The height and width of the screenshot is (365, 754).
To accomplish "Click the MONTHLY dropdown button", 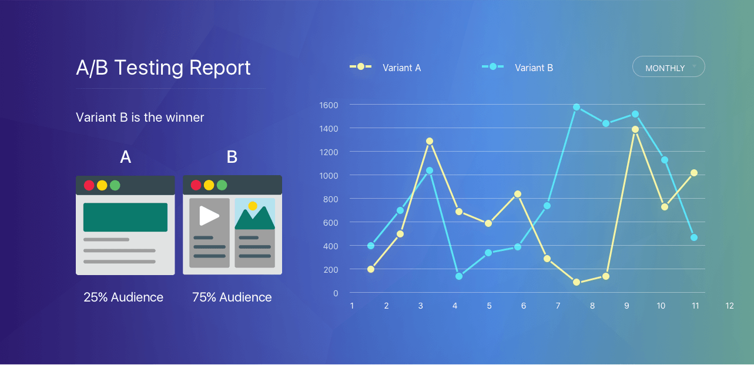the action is click(669, 66).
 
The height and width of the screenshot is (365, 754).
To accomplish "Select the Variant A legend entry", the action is click(385, 68).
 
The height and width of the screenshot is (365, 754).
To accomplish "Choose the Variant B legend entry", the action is click(517, 68).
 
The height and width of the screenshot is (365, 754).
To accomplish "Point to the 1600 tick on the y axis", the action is click(329, 105).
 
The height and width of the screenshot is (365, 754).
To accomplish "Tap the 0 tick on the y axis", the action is click(336, 293).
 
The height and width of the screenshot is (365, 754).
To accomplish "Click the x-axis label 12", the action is click(729, 306).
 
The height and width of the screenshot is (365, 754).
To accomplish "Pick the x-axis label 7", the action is click(558, 306).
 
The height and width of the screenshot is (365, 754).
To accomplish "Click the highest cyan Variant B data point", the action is click(577, 107).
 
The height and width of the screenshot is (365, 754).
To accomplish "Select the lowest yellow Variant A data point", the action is click(577, 282).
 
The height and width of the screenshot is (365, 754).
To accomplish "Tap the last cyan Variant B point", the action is click(693, 237).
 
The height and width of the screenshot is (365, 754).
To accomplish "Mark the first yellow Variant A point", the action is click(371, 269).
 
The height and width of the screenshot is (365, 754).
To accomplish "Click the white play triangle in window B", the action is click(209, 216).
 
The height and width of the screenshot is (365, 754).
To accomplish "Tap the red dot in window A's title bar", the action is click(89, 185).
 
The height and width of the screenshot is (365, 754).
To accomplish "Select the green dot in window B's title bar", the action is click(222, 185).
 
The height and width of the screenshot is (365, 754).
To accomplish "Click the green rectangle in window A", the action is click(125, 217).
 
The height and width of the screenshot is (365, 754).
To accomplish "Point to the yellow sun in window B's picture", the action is click(253, 206).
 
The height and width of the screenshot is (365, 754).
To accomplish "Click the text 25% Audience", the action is click(123, 297).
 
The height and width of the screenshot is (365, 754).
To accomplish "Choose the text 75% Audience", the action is click(232, 297).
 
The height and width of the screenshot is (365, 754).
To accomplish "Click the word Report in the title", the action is click(220, 68).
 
